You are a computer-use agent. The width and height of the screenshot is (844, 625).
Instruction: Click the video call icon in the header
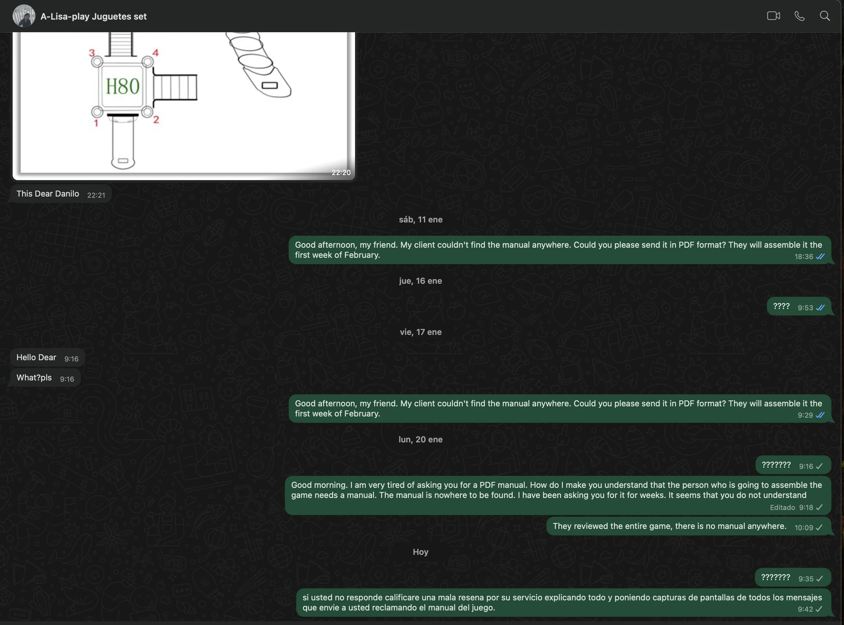click(x=773, y=16)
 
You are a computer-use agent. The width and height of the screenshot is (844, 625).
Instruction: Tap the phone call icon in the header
click(x=799, y=16)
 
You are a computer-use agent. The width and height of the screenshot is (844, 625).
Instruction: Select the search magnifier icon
click(x=825, y=16)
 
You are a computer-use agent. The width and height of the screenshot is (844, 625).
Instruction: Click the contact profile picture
click(x=24, y=16)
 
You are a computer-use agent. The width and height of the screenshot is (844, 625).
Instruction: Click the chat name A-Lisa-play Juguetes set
click(x=93, y=16)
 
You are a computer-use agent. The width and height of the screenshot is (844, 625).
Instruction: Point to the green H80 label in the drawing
click(x=123, y=86)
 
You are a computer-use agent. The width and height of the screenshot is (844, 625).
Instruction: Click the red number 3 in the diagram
click(x=92, y=52)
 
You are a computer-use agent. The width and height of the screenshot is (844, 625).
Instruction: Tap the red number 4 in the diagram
click(x=155, y=52)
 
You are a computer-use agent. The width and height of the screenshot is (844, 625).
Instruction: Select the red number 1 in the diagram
click(x=96, y=123)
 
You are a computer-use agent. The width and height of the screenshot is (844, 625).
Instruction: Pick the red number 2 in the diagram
click(x=156, y=119)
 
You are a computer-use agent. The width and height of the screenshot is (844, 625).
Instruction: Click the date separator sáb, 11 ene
click(x=420, y=219)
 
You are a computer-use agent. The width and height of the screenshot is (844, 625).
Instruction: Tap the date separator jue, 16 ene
click(x=420, y=281)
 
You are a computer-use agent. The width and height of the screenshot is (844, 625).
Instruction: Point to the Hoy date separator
click(x=420, y=552)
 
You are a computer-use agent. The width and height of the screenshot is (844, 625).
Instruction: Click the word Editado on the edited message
click(x=782, y=508)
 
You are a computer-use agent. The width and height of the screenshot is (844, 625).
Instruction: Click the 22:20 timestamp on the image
click(x=341, y=173)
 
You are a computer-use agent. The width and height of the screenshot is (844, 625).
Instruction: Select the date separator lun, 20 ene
click(x=420, y=439)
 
